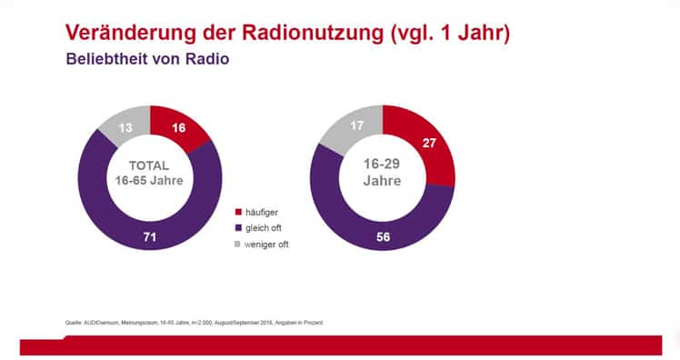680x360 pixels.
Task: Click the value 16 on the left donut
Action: [x=179, y=128]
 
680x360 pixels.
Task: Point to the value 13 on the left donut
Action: [x=125, y=128]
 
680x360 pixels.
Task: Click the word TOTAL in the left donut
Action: [x=151, y=167]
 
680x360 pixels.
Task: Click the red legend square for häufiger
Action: [x=238, y=211]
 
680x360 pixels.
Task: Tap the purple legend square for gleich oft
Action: [x=238, y=227]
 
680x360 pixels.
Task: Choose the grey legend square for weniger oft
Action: [x=238, y=244]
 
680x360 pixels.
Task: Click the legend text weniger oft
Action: [x=267, y=244]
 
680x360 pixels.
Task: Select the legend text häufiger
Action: [x=262, y=211]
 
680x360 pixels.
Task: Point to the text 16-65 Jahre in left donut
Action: [x=151, y=182]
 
